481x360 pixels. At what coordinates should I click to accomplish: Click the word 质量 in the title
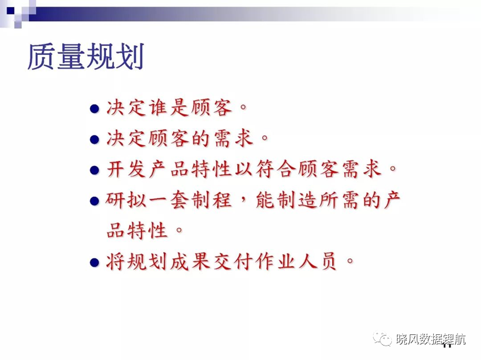point(56,57)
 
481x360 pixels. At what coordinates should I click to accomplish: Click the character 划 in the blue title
point(129,57)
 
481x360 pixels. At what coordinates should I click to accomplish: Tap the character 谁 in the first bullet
point(158,107)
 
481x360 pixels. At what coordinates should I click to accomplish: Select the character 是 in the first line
point(179,107)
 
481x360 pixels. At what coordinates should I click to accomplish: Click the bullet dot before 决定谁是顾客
point(95,109)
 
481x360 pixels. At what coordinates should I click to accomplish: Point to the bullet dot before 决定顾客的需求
point(95,140)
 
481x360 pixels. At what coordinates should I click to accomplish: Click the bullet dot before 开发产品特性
point(95,170)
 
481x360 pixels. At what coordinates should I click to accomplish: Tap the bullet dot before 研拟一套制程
point(95,201)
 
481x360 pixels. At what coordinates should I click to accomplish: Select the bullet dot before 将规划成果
point(95,263)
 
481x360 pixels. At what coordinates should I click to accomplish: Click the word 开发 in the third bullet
point(126,169)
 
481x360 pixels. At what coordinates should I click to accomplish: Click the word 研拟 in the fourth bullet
point(126,200)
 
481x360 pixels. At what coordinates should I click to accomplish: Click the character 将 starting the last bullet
point(116,262)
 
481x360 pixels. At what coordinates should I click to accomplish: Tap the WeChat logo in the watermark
point(382,339)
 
